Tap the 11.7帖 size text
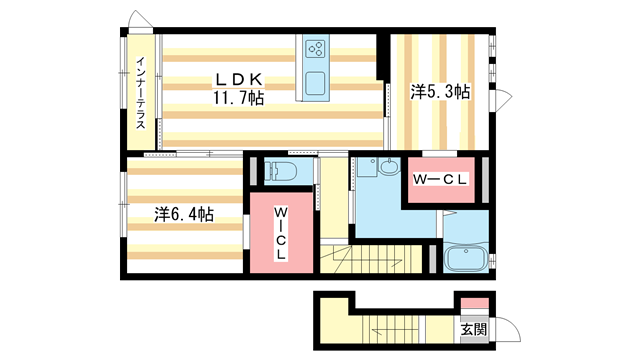(237, 98)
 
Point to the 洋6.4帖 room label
(183, 214)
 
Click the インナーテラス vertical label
(141, 94)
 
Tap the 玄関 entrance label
(474, 329)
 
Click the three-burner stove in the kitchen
(316, 48)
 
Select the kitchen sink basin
(315, 82)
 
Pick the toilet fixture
(279, 170)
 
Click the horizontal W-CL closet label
(441, 180)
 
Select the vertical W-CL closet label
(281, 232)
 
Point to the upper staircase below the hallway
(375, 259)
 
